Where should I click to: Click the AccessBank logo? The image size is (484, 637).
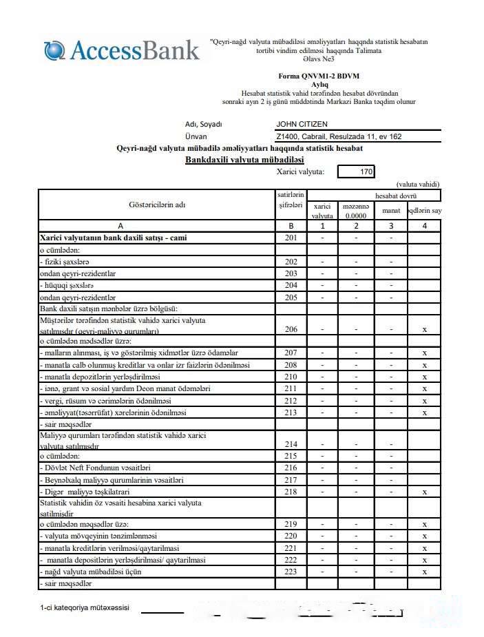tap(122, 50)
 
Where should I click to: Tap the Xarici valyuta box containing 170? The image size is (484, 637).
tap(357, 172)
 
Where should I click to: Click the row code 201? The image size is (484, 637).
tap(291, 238)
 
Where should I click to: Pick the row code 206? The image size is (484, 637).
tap(291, 329)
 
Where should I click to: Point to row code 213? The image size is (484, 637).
tap(291, 413)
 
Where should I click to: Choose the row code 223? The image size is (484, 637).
tap(291, 571)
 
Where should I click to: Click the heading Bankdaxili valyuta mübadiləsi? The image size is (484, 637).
tap(244, 160)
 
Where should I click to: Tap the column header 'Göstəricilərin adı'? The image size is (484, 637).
tap(157, 205)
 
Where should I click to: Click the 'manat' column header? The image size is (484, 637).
tap(391, 210)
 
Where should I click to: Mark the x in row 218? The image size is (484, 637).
tap(425, 492)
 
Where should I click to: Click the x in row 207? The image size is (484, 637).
tap(425, 353)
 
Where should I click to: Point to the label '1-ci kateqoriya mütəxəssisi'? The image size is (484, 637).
tap(84, 608)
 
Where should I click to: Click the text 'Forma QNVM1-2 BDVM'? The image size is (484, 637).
tap(319, 76)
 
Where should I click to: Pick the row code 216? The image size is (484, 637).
tap(291, 468)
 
